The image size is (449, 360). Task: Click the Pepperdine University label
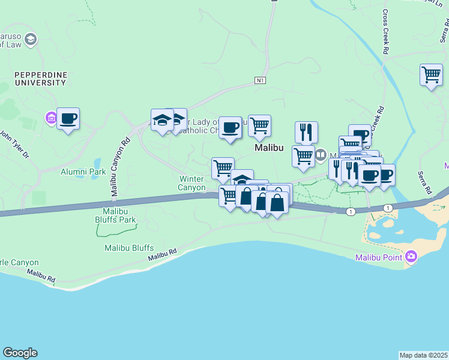(x=41, y=78)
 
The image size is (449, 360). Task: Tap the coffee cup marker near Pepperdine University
(x=68, y=119)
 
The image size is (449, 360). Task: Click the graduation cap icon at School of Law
(x=31, y=40)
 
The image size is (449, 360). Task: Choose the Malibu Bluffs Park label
(x=116, y=215)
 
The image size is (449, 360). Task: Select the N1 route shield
(x=260, y=80)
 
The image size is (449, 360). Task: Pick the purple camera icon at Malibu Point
(x=411, y=257)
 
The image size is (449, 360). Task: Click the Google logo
(x=20, y=353)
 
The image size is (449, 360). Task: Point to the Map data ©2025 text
(x=424, y=355)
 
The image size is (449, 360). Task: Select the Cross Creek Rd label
(x=385, y=34)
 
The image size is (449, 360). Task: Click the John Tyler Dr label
(x=14, y=145)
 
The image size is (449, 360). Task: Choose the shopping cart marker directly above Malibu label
(x=259, y=126)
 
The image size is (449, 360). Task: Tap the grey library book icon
(x=321, y=155)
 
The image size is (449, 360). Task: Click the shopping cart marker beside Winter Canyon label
(x=223, y=167)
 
